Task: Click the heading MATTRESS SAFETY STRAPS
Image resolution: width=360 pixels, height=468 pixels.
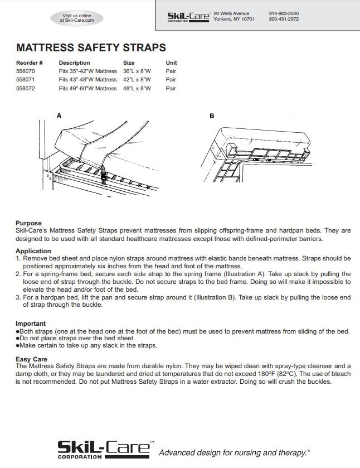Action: [x=91, y=48]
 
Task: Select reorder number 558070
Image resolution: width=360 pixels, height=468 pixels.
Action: [x=26, y=71]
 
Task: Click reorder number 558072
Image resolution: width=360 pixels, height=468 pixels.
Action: [x=26, y=88]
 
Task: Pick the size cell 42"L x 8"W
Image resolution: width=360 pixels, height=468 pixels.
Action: [x=137, y=80]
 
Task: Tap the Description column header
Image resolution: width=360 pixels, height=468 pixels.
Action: [x=74, y=63]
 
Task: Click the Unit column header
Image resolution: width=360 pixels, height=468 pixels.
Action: [x=171, y=63]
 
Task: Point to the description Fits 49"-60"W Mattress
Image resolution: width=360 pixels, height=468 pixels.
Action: [x=87, y=88]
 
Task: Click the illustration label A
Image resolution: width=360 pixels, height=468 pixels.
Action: [x=59, y=115]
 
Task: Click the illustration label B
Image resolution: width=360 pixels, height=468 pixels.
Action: [x=212, y=116]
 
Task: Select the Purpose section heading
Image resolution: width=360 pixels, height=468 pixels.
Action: [x=28, y=223]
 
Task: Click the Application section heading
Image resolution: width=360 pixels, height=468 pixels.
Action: [x=33, y=251]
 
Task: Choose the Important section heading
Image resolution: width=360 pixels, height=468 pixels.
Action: [x=31, y=324]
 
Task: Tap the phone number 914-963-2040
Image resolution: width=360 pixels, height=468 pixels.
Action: [x=284, y=13]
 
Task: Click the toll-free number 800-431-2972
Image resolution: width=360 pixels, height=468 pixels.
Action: [x=284, y=19]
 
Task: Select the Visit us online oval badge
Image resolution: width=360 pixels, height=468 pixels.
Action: [x=77, y=18]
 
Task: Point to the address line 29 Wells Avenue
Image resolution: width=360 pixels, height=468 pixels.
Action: [x=231, y=13]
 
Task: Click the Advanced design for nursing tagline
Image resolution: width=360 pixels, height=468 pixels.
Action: [x=234, y=452]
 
